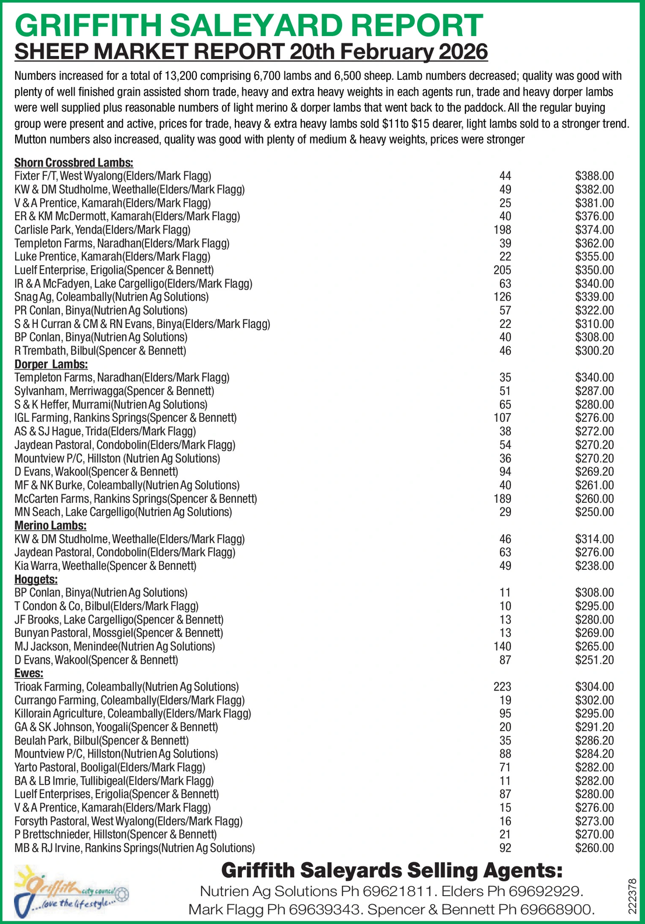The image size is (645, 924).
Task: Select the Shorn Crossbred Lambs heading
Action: [x=74, y=163]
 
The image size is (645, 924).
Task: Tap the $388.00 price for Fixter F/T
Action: [x=594, y=176]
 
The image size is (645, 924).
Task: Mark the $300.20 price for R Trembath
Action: [x=594, y=351]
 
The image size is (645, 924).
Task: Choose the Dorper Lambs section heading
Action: [x=51, y=364]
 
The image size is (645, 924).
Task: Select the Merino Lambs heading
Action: [x=51, y=526]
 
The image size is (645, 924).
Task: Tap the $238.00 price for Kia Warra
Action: [x=594, y=566]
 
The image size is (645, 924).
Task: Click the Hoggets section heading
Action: [x=36, y=579]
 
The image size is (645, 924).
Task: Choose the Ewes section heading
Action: [x=29, y=673]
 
